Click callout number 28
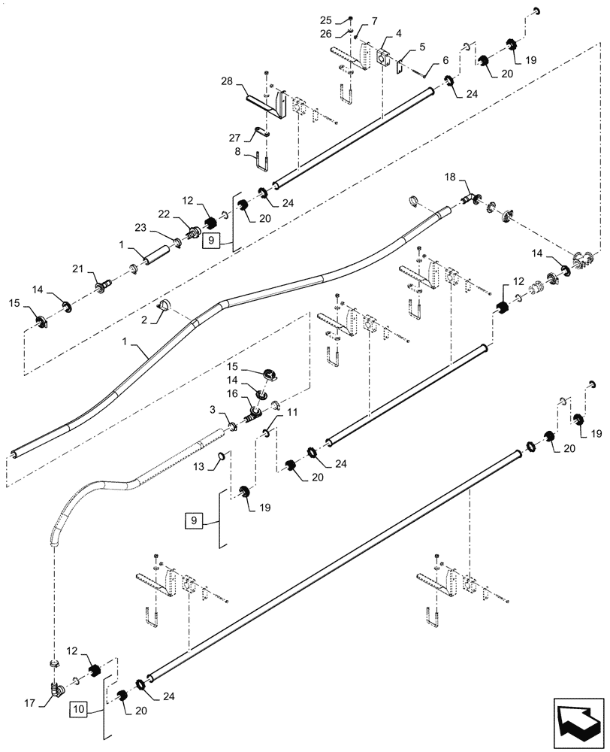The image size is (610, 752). (x=228, y=80)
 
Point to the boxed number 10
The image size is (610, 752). (x=80, y=708)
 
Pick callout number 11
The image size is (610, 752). (x=292, y=413)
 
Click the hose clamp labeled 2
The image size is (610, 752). (x=164, y=304)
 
